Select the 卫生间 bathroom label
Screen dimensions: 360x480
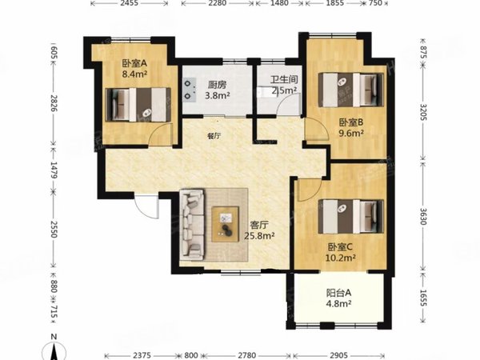coord(284,85)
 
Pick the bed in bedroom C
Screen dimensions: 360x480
coord(349,213)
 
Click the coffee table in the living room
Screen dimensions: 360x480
coord(226,216)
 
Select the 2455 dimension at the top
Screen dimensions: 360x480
coord(132,5)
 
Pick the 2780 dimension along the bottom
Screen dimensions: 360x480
coord(249,354)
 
